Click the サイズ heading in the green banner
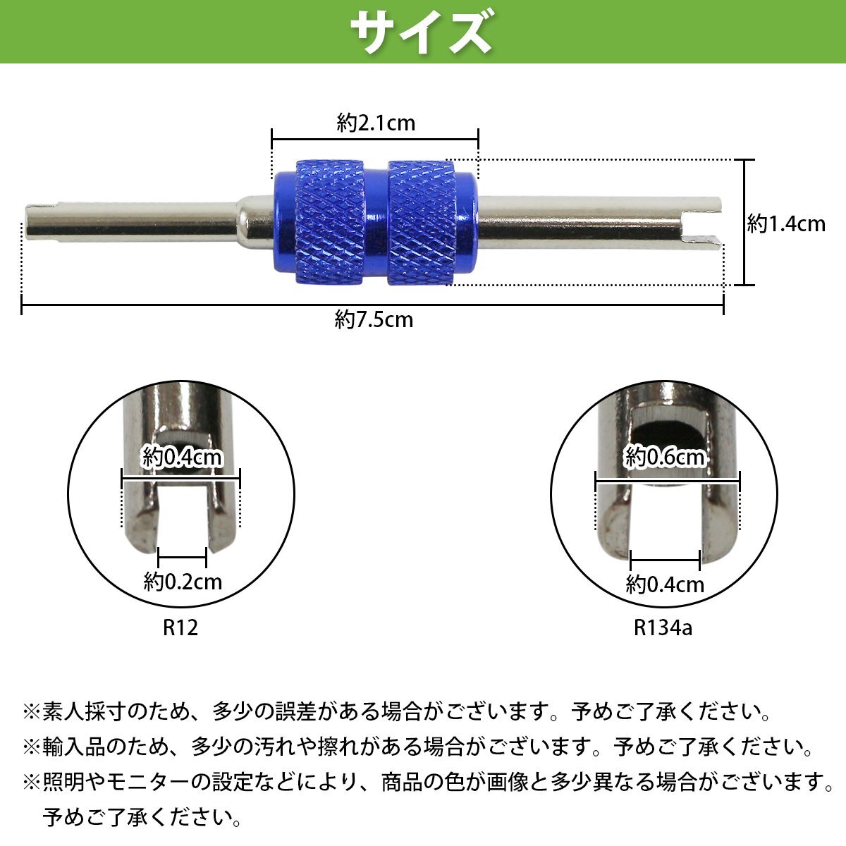coord(422,32)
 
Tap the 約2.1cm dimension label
coord(376,123)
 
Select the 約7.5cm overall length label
coord(374,319)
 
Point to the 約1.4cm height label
coord(786,224)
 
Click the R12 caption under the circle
coord(180,627)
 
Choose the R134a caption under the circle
coord(663,627)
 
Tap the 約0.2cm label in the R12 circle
coord(183,582)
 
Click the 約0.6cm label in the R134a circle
coord(665,458)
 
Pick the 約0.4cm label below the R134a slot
coord(665,584)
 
